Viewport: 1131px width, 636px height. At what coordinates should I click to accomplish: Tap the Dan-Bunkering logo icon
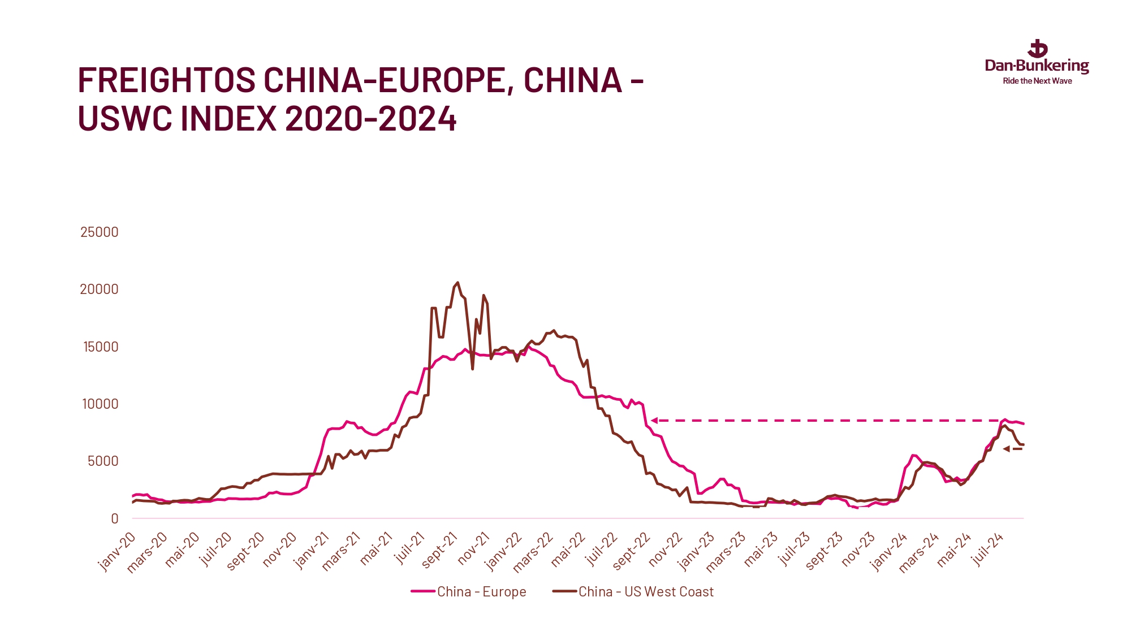click(1038, 49)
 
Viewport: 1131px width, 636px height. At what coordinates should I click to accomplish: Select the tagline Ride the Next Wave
click(1037, 81)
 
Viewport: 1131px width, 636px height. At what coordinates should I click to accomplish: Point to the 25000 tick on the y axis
click(100, 232)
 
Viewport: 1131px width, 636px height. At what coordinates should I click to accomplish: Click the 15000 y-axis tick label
click(101, 347)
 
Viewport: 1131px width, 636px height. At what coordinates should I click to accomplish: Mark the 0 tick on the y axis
click(115, 518)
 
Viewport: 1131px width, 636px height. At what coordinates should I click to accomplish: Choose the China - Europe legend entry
click(469, 591)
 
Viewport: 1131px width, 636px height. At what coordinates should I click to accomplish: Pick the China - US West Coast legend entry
click(633, 591)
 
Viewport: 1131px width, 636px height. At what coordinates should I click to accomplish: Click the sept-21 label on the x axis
click(440, 550)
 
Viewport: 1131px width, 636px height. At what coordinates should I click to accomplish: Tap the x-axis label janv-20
click(117, 551)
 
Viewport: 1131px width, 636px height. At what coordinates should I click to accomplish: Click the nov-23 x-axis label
click(858, 549)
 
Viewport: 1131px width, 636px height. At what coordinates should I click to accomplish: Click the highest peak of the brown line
click(457, 283)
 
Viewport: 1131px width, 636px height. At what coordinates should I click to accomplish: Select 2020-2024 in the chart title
click(370, 119)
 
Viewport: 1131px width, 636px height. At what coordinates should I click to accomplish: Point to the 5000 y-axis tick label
click(103, 461)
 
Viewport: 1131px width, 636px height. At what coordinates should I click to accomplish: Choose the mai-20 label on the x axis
click(183, 550)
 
